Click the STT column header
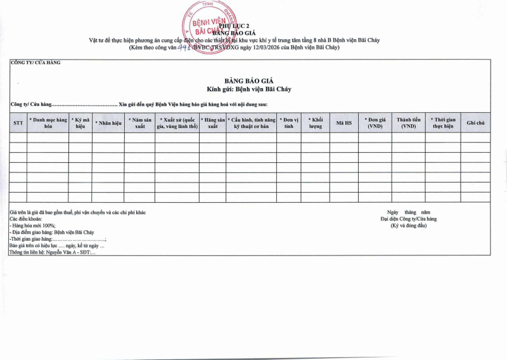(18, 123)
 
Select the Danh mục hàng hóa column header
(48, 123)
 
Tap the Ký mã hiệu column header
(80, 123)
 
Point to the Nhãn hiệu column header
(108, 123)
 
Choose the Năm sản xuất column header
(139, 123)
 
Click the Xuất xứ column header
(177, 123)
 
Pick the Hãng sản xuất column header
(212, 123)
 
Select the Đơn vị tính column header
(288, 123)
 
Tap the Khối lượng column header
(315, 123)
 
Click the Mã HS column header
(343, 123)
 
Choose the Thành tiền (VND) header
(408, 123)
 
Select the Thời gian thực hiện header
(442, 123)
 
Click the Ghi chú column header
(475, 123)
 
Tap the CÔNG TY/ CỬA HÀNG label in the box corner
(35, 63)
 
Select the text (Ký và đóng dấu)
(408, 226)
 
